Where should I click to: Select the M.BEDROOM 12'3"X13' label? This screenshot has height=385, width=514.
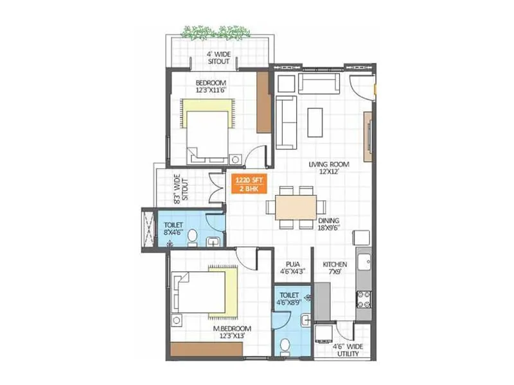click(232, 331)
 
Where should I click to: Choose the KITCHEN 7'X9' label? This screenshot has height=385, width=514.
click(335, 268)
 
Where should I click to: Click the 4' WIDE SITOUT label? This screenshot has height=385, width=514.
click(218, 58)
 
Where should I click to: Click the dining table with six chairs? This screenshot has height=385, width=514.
click(296, 207)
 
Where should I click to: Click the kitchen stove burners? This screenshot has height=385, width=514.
click(364, 298)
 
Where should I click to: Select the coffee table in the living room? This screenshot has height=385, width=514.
click(315, 121)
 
